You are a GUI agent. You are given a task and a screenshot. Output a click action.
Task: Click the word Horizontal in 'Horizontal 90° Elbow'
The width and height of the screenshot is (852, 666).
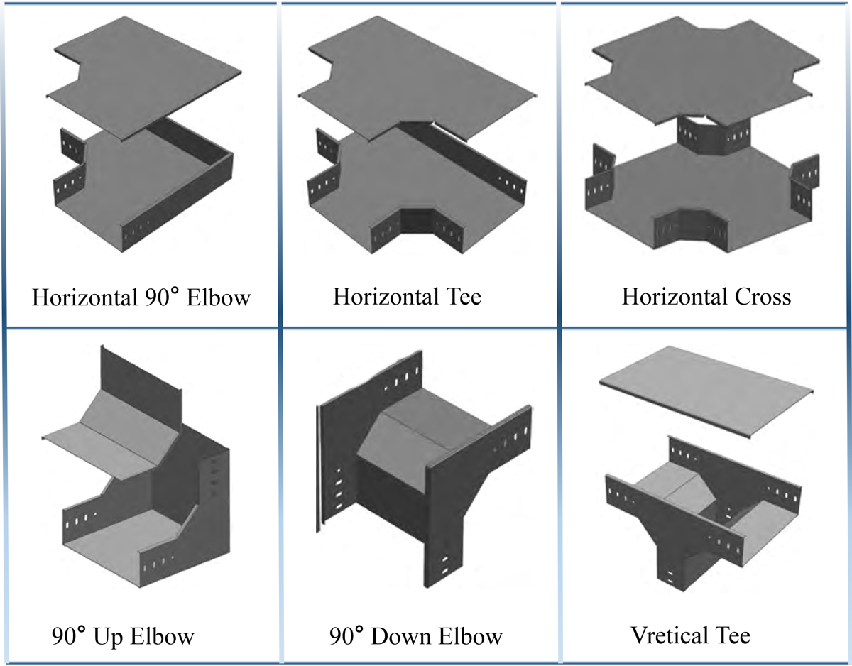[80, 297]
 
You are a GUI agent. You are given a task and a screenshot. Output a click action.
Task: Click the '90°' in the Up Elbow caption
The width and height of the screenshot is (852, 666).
[70, 635]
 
